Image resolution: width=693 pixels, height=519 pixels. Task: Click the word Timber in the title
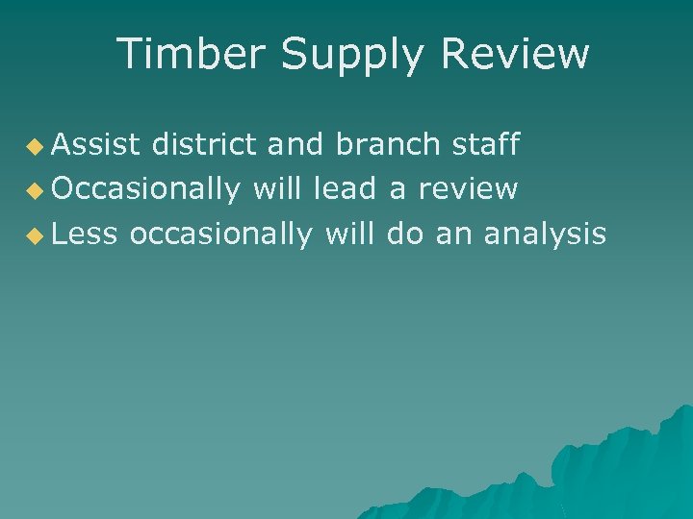click(192, 55)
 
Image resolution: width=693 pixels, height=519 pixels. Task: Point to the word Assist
click(96, 145)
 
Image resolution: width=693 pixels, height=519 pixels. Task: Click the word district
click(204, 145)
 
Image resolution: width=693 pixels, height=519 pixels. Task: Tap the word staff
click(486, 145)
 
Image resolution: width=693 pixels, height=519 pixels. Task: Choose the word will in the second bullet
click(280, 189)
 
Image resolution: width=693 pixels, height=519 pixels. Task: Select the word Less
click(84, 234)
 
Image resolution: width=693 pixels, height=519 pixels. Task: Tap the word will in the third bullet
click(354, 234)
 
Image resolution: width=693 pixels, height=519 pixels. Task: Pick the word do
click(407, 234)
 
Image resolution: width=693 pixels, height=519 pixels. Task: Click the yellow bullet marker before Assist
click(35, 147)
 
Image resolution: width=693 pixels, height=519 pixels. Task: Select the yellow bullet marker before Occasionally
click(35, 191)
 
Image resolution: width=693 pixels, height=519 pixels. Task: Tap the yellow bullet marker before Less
click(35, 235)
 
